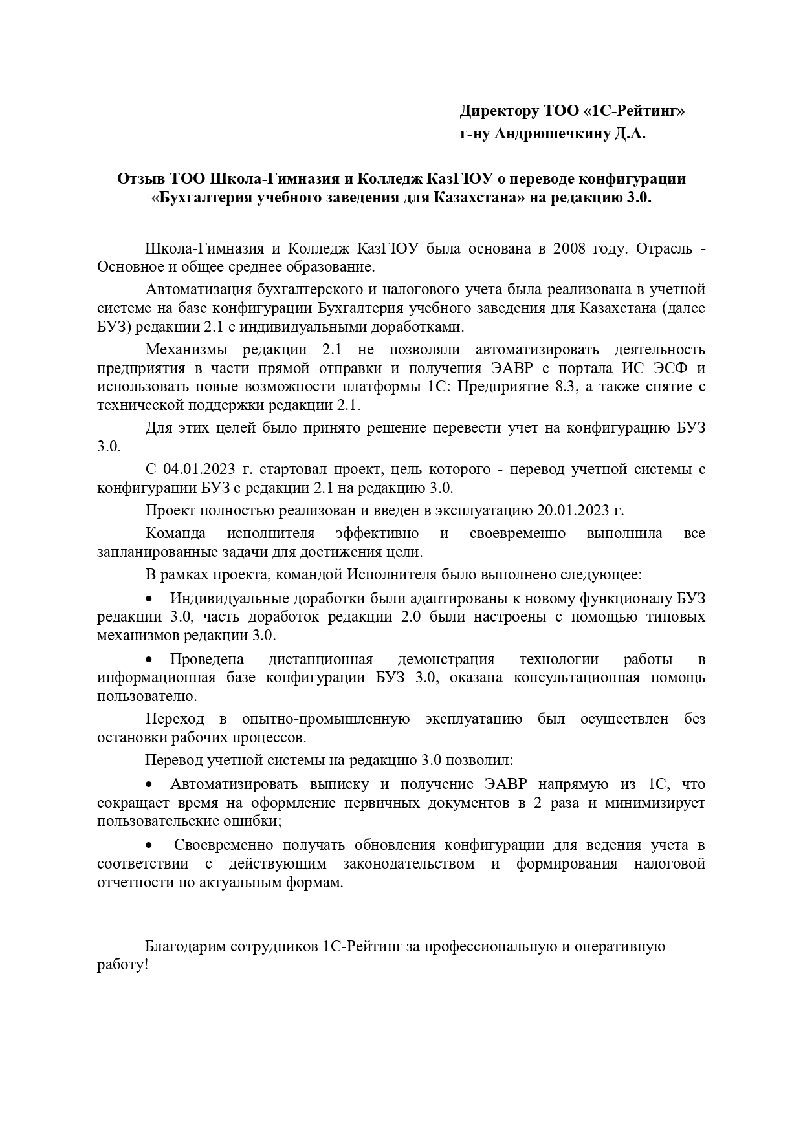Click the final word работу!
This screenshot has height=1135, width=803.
tap(123, 965)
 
